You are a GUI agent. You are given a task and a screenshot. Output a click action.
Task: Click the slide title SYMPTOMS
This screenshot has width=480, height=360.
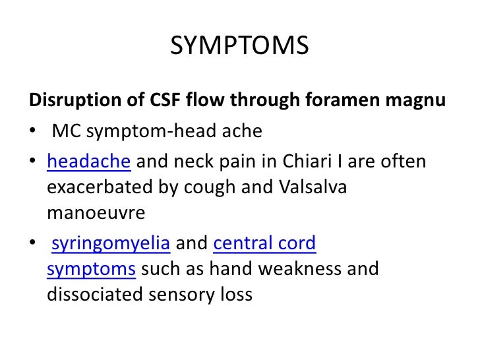pyautogui.click(x=239, y=45)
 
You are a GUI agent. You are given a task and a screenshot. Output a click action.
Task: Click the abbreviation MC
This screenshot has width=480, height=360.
pyautogui.click(x=65, y=131)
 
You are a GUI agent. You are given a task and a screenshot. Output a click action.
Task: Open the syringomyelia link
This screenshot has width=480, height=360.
pyautogui.click(x=111, y=245)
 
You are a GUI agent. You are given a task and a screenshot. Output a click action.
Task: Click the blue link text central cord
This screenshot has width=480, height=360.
pyautogui.click(x=265, y=244)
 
